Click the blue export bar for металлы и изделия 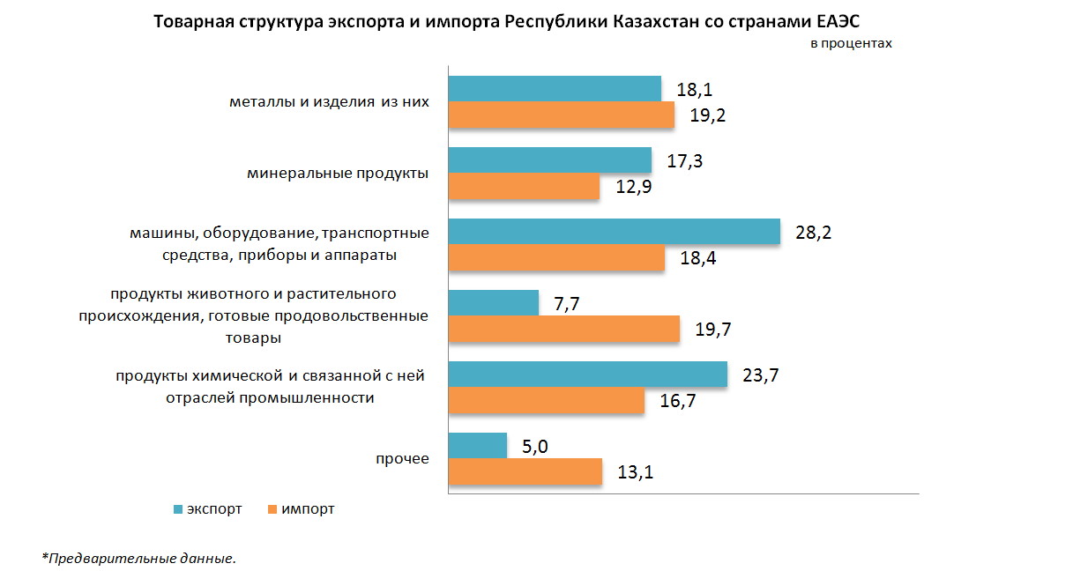coord(555,89)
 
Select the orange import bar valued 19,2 coord(562,115)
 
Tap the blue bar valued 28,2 coord(615,232)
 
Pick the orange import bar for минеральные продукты coord(524,187)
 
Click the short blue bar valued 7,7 coord(494,303)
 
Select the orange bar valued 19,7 coord(564,330)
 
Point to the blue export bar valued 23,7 coord(588,374)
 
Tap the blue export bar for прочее coord(478,446)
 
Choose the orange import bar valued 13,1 coord(525,471)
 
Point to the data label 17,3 coord(685,162)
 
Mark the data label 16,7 coord(678,402)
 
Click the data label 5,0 coord(535,448)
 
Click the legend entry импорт coord(308,509)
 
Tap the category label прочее coord(402,459)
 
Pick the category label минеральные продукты coord(338,173)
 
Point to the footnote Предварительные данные coord(141,558)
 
